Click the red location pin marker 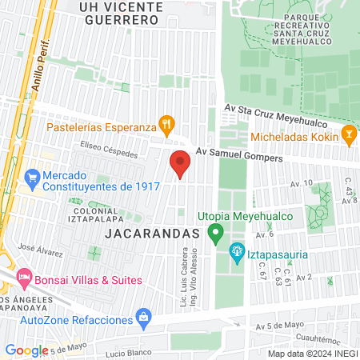click(180, 164)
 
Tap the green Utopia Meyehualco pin click(214, 234)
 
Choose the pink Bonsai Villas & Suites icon click(23, 280)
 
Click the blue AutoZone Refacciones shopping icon click(143, 318)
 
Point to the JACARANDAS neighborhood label click(151, 233)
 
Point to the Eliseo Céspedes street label click(109, 150)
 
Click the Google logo click(26, 350)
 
